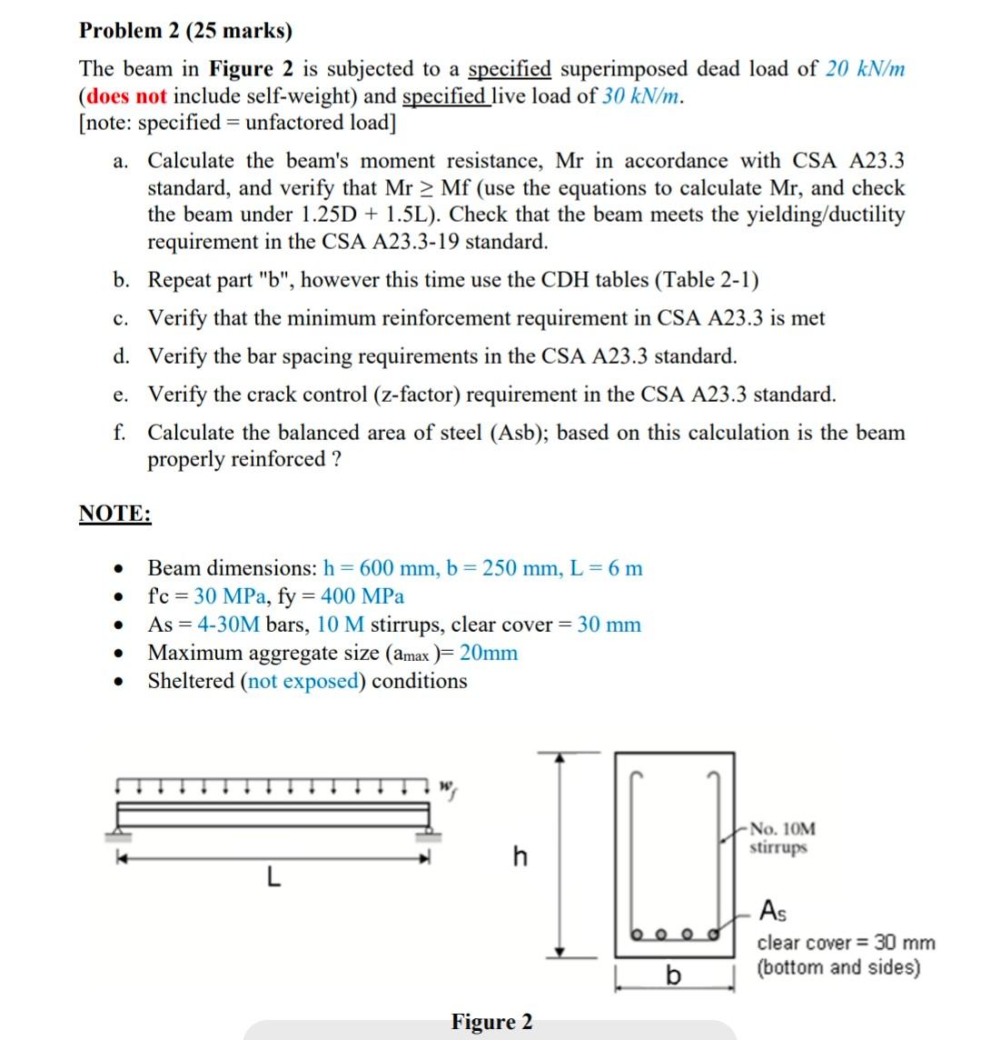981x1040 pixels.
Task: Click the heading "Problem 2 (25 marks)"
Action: pos(185,31)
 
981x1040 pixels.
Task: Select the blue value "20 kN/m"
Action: pos(865,69)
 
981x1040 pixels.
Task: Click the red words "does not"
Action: pos(125,96)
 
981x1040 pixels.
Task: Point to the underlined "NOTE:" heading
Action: pos(115,514)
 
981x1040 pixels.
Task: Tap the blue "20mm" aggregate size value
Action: pos(489,653)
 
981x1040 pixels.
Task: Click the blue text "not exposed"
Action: pos(302,681)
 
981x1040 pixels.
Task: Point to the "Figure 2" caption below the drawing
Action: pos(491,1022)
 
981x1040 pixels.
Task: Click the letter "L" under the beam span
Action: pos(272,878)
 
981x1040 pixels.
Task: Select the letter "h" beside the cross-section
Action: pos(520,856)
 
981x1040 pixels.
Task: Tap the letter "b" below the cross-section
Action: pos(673,975)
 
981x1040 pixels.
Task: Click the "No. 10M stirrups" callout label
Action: pos(782,838)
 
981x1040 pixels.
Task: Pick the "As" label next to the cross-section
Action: pos(772,909)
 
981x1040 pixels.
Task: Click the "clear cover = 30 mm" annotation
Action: pos(846,943)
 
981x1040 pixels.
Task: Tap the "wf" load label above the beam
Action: pos(447,786)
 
